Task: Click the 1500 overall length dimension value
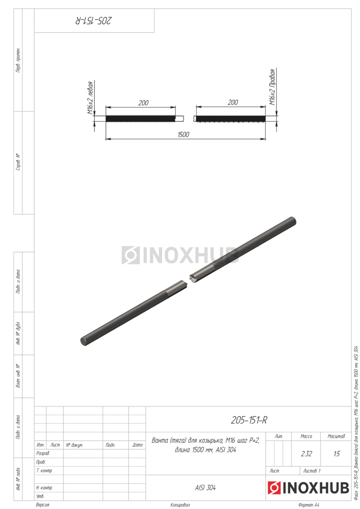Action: pyautogui.click(x=183, y=134)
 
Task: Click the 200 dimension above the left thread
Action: pyautogui.click(x=143, y=103)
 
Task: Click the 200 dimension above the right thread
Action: pyautogui.click(x=233, y=103)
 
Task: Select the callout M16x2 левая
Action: pyautogui.click(x=90, y=98)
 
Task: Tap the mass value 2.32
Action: pyautogui.click(x=306, y=454)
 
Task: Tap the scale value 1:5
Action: pyautogui.click(x=337, y=454)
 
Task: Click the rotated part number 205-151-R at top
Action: pyautogui.click(x=93, y=21)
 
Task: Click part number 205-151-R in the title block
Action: pyautogui.click(x=249, y=420)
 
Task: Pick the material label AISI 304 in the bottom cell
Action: pyautogui.click(x=205, y=488)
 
